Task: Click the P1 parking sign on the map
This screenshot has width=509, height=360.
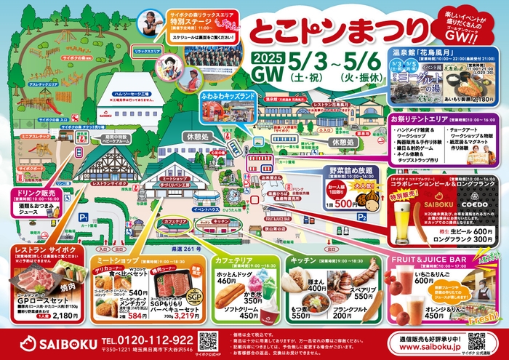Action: pyautogui.click(x=84, y=216)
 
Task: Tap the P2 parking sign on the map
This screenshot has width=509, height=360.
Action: pyautogui.click(x=361, y=216)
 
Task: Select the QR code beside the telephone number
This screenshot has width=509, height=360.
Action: pyautogui.click(x=209, y=340)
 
